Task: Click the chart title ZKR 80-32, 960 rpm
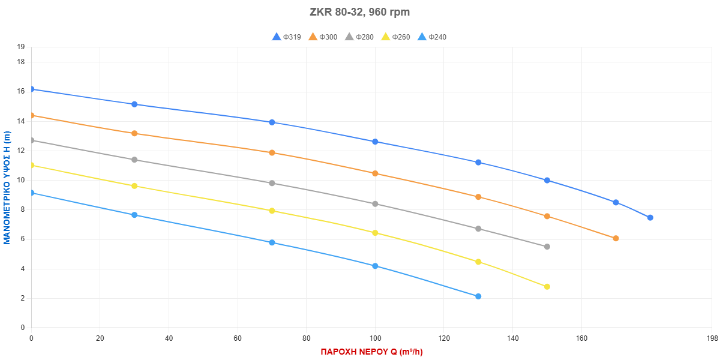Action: tap(360, 12)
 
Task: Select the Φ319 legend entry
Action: tap(287, 37)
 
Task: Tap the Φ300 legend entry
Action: tap(323, 37)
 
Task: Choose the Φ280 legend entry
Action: tap(359, 37)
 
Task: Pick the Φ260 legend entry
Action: tap(395, 37)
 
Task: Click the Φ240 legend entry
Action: tap(431, 37)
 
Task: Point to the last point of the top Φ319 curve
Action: tap(650, 217)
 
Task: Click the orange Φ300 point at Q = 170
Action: tap(616, 238)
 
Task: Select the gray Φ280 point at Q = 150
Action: tap(547, 247)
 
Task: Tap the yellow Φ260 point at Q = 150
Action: tap(547, 287)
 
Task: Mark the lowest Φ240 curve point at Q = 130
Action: tap(478, 296)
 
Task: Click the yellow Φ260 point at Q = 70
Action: tap(272, 211)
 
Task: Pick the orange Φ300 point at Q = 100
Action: tap(375, 173)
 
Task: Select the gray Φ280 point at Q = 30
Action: tap(134, 160)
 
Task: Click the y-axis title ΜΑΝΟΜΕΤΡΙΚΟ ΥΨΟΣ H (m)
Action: tap(7, 188)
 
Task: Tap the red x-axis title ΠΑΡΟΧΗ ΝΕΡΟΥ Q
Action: tap(371, 352)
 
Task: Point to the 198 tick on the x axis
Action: tap(712, 338)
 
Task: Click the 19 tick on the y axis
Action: tap(21, 47)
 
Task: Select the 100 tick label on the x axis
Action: tap(375, 338)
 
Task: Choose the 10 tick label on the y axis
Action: tap(21, 180)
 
